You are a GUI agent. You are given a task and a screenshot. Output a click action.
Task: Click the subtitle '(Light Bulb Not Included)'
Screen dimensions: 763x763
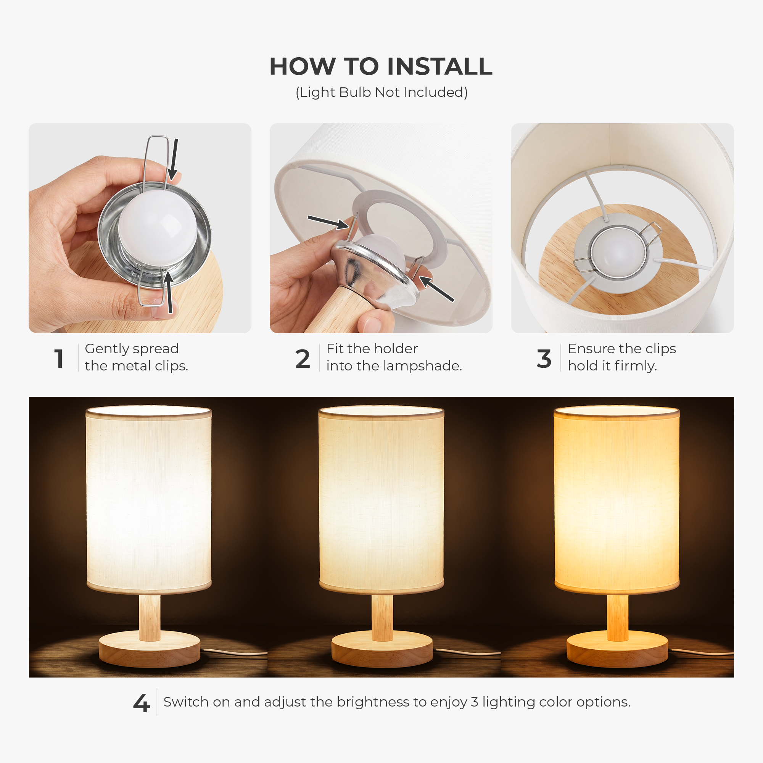click(381, 92)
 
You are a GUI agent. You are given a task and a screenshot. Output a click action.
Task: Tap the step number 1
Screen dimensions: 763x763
click(59, 359)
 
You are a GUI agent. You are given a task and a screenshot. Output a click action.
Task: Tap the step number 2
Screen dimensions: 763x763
click(303, 359)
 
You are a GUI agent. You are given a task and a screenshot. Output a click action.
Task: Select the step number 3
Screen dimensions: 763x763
click(544, 359)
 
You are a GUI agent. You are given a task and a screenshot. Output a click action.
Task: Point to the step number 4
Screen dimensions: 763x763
click(142, 703)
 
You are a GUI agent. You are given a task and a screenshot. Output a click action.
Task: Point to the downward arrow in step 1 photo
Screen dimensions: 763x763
click(174, 159)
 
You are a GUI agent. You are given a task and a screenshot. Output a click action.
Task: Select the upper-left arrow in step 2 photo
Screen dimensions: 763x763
click(328, 222)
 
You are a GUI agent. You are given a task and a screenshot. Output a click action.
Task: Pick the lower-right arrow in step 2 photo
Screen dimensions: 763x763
click(436, 289)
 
